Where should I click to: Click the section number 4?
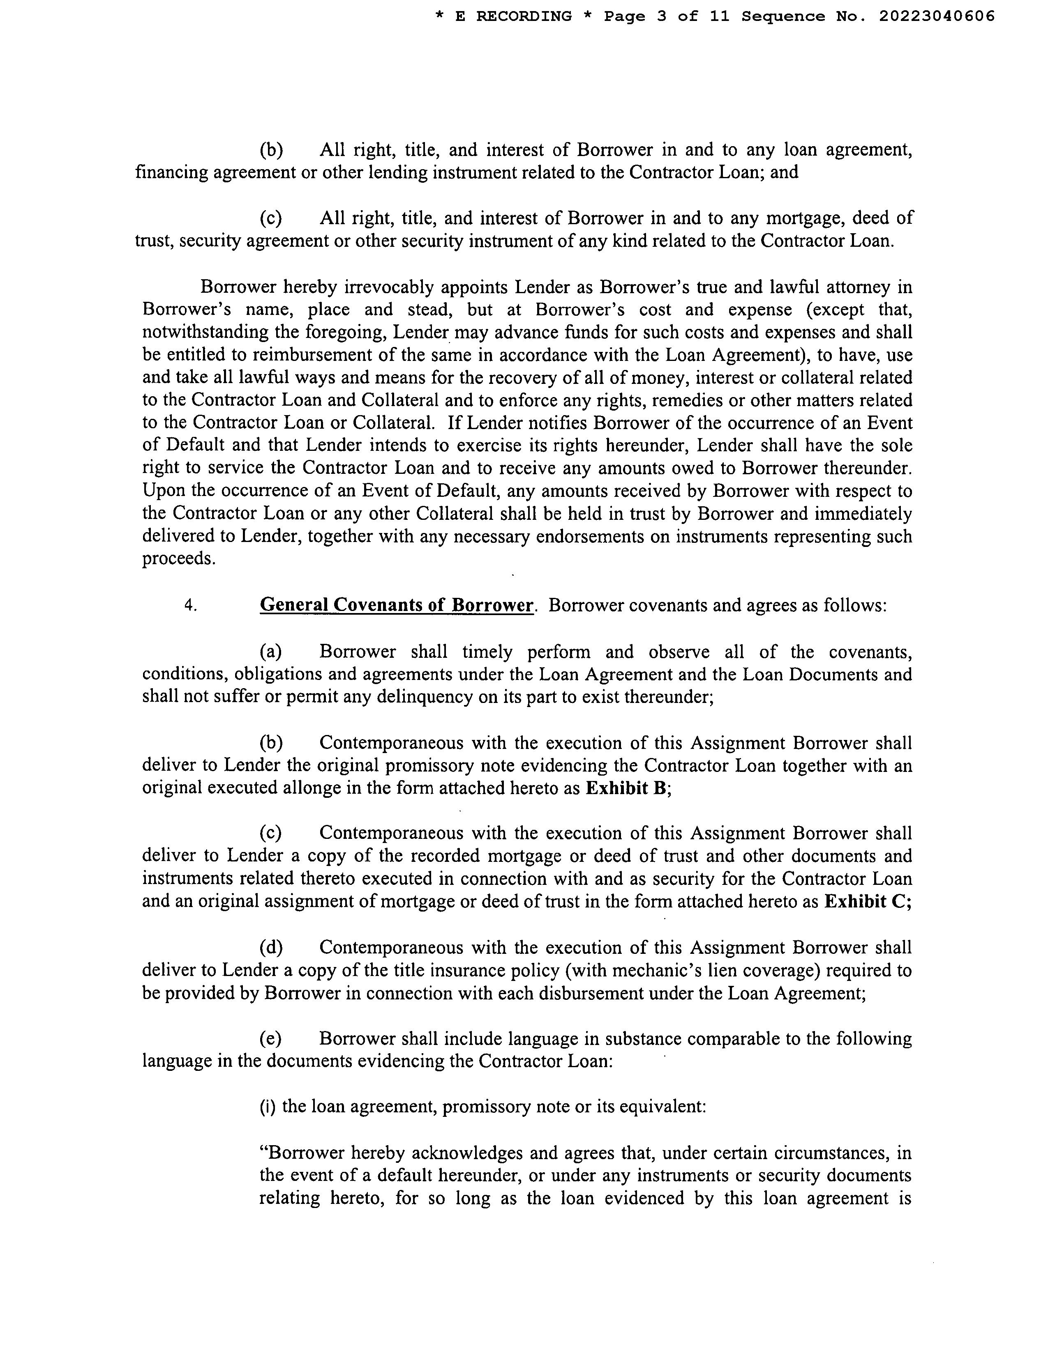point(190,605)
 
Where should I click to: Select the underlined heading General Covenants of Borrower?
point(396,605)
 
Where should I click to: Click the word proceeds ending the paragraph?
point(178,558)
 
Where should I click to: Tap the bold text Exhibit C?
point(867,901)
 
